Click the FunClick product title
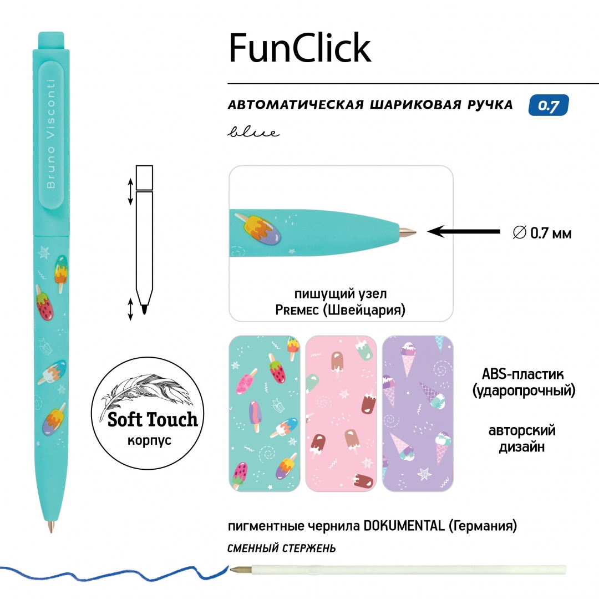click(299, 48)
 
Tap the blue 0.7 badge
click(549, 106)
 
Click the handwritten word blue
click(252, 133)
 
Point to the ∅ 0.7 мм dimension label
click(542, 233)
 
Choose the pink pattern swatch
click(341, 414)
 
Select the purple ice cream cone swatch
click(418, 414)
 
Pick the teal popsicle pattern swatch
click(265, 414)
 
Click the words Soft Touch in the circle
click(153, 419)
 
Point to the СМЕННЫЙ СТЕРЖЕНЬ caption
click(281, 549)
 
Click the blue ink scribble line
click(111, 571)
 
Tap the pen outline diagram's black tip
click(144, 309)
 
